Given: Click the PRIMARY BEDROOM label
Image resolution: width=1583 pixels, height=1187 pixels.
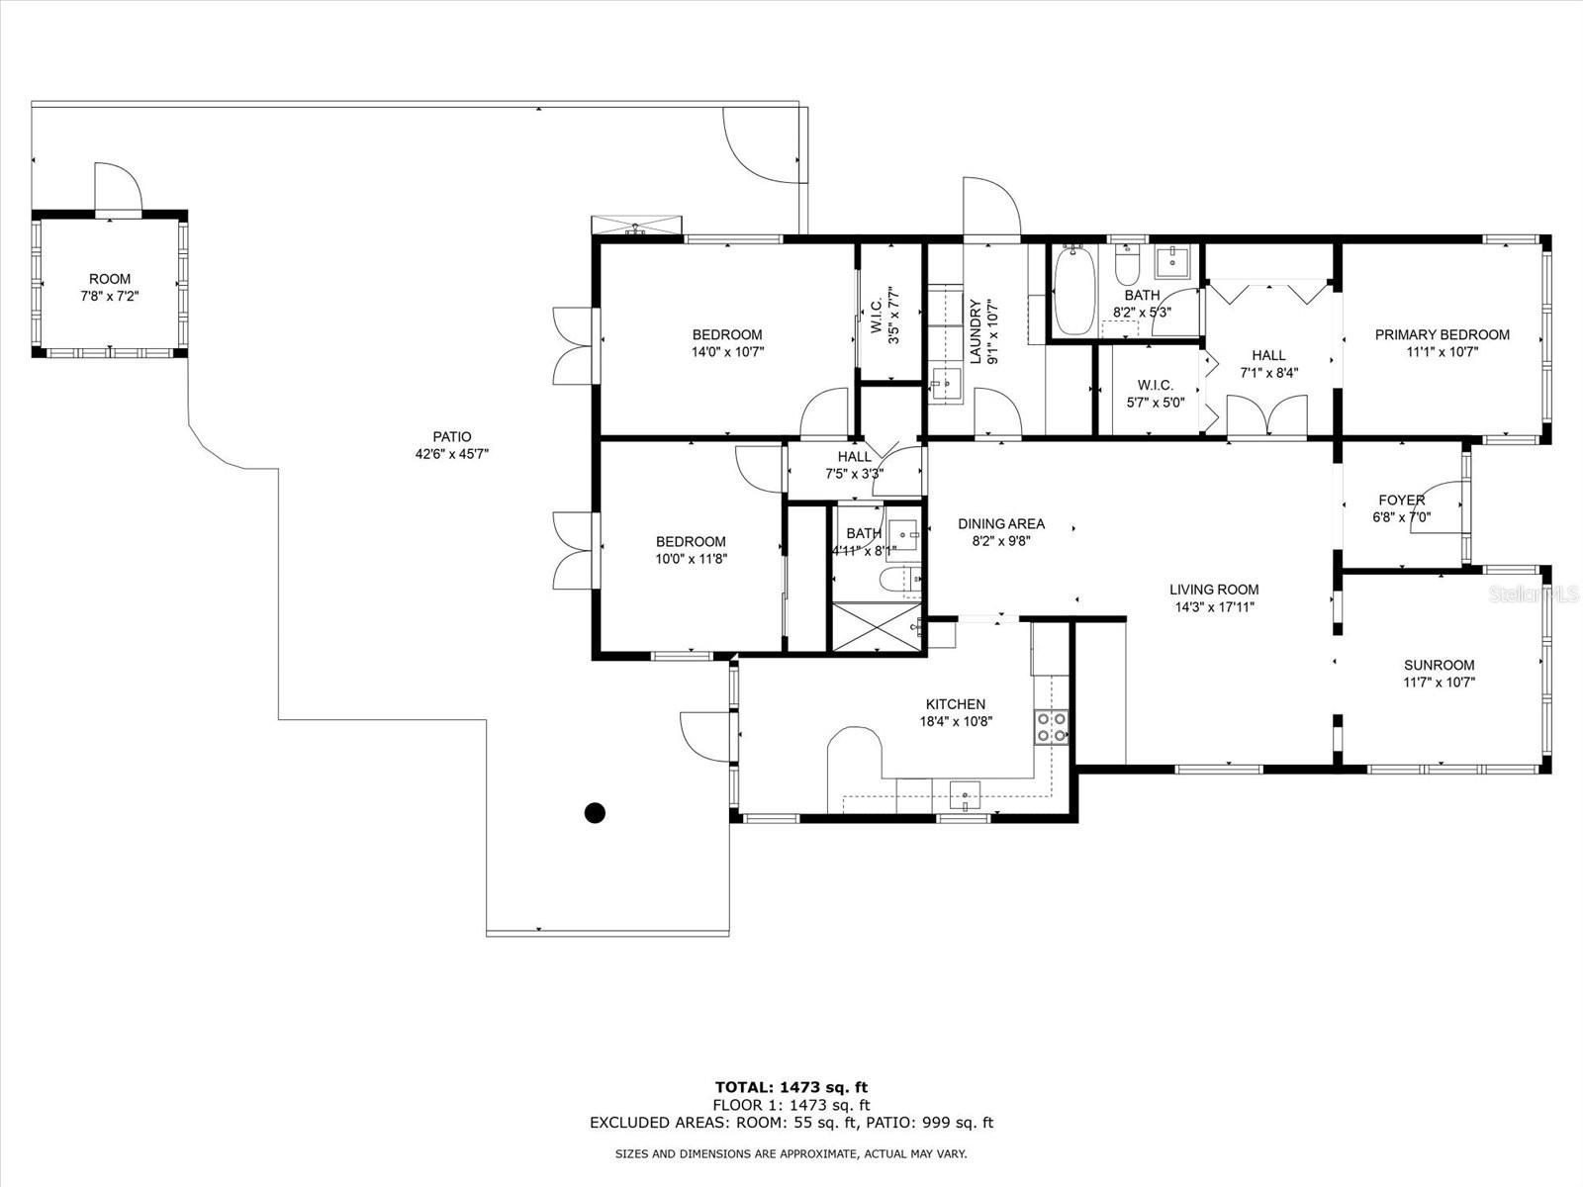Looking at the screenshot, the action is click(x=1442, y=334).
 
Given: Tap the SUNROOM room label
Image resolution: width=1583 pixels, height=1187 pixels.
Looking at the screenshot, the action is click(x=1439, y=665).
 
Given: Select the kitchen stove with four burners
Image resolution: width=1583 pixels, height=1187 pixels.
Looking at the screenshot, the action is click(x=1052, y=726).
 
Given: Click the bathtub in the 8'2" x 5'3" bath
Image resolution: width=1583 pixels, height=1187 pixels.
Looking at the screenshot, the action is click(x=1073, y=290).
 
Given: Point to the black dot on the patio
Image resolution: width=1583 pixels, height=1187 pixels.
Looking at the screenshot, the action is click(x=595, y=813).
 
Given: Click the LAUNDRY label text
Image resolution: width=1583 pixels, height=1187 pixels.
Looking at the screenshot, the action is click(x=976, y=331).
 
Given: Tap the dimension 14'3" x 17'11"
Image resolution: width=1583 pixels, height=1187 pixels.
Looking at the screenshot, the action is click(x=1215, y=606).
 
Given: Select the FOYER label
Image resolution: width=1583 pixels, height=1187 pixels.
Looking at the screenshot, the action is click(x=1401, y=500).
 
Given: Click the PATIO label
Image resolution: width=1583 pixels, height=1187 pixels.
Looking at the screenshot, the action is click(x=452, y=437).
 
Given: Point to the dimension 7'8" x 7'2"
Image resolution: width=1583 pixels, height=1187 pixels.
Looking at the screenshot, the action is click(x=110, y=296).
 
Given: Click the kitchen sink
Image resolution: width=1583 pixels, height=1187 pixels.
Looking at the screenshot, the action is click(x=965, y=795).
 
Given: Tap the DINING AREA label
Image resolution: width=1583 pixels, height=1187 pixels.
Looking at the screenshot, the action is click(x=1001, y=524).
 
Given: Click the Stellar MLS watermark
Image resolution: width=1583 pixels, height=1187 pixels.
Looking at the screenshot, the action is click(x=1533, y=593).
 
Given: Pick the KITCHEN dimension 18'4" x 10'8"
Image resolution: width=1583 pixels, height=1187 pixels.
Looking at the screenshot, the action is click(x=957, y=721).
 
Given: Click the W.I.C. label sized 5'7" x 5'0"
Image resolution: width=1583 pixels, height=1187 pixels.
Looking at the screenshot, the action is click(x=1156, y=385).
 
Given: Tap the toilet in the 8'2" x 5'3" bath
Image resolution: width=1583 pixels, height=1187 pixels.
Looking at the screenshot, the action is click(x=1127, y=265).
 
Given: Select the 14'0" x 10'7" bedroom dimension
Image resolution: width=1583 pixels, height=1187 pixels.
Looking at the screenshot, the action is click(x=727, y=352).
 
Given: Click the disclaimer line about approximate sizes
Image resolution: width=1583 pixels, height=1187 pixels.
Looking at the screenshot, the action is click(x=791, y=1153).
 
